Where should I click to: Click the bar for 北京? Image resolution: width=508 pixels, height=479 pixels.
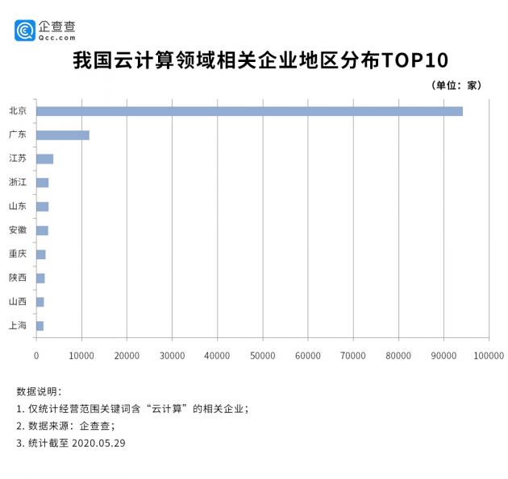point(249,111)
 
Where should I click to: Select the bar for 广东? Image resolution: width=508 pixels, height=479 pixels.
point(63,134)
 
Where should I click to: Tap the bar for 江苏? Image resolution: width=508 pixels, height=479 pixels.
point(44,159)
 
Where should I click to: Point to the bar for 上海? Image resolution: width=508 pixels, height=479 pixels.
point(40,325)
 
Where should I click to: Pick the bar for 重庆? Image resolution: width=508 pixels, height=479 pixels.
point(41,254)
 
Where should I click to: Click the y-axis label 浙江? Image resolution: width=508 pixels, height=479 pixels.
point(17,183)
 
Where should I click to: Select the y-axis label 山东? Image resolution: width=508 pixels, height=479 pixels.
point(17,206)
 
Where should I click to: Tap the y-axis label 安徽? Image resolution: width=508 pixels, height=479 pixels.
point(17,230)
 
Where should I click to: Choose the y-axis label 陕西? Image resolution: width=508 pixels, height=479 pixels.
point(17,278)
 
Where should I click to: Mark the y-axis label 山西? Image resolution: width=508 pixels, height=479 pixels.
point(17,302)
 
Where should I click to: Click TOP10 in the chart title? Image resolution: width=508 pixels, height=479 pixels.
point(411,60)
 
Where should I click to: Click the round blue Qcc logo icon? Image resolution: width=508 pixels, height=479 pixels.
point(25,30)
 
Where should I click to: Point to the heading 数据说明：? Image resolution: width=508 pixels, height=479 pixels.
point(39,391)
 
